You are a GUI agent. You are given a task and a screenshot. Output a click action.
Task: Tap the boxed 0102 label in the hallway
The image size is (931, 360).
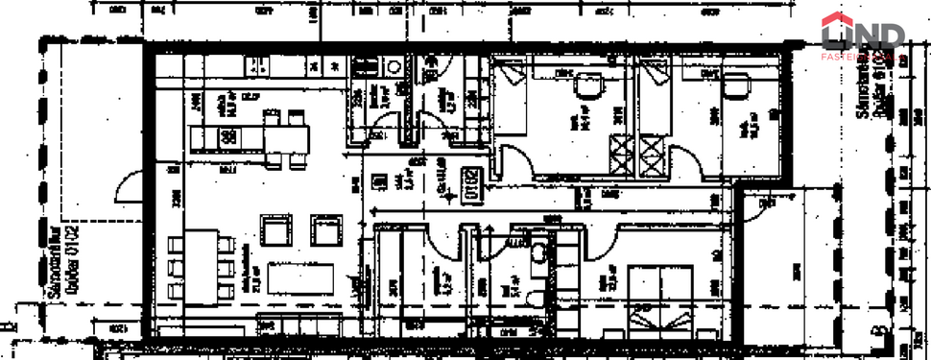coord(472,183)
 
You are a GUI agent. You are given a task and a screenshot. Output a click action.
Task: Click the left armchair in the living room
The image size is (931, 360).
coord(277,231)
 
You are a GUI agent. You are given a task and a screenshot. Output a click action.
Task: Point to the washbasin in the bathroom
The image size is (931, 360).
coord(542,253)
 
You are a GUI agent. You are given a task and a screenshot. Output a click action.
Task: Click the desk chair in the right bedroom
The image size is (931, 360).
coord(737,86)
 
